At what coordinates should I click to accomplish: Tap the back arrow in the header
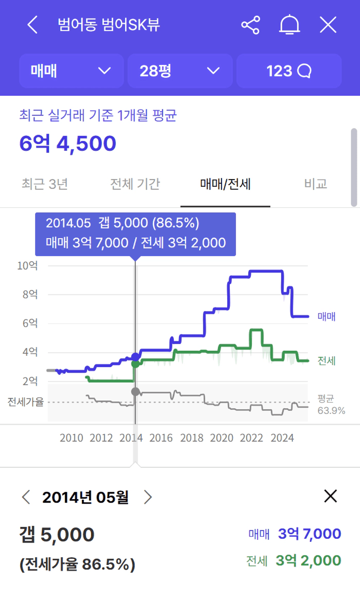pos(33,25)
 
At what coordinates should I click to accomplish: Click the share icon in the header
pos(250,25)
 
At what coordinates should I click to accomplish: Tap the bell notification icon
pos(289,25)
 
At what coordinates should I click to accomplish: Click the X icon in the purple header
pos(328,25)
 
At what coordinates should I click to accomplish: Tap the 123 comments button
pos(289,71)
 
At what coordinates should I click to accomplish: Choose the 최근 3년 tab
pos(44,184)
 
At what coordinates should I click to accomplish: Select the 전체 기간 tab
pos(135,184)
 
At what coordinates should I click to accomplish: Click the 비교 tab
pos(316,184)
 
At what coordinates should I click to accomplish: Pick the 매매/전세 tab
pos(225,184)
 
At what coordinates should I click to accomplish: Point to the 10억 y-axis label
pos(27,265)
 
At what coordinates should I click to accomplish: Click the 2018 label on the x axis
pos(192,438)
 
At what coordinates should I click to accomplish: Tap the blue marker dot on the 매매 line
pos(135,357)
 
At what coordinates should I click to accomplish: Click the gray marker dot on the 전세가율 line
pos(135,391)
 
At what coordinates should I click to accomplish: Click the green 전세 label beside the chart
pos(326,361)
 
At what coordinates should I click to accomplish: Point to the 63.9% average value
pos(331,410)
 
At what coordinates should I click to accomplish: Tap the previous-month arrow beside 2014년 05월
pos(26,497)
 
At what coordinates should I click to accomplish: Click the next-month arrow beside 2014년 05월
pos(148,497)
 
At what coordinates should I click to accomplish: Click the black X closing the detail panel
pos(330,496)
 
